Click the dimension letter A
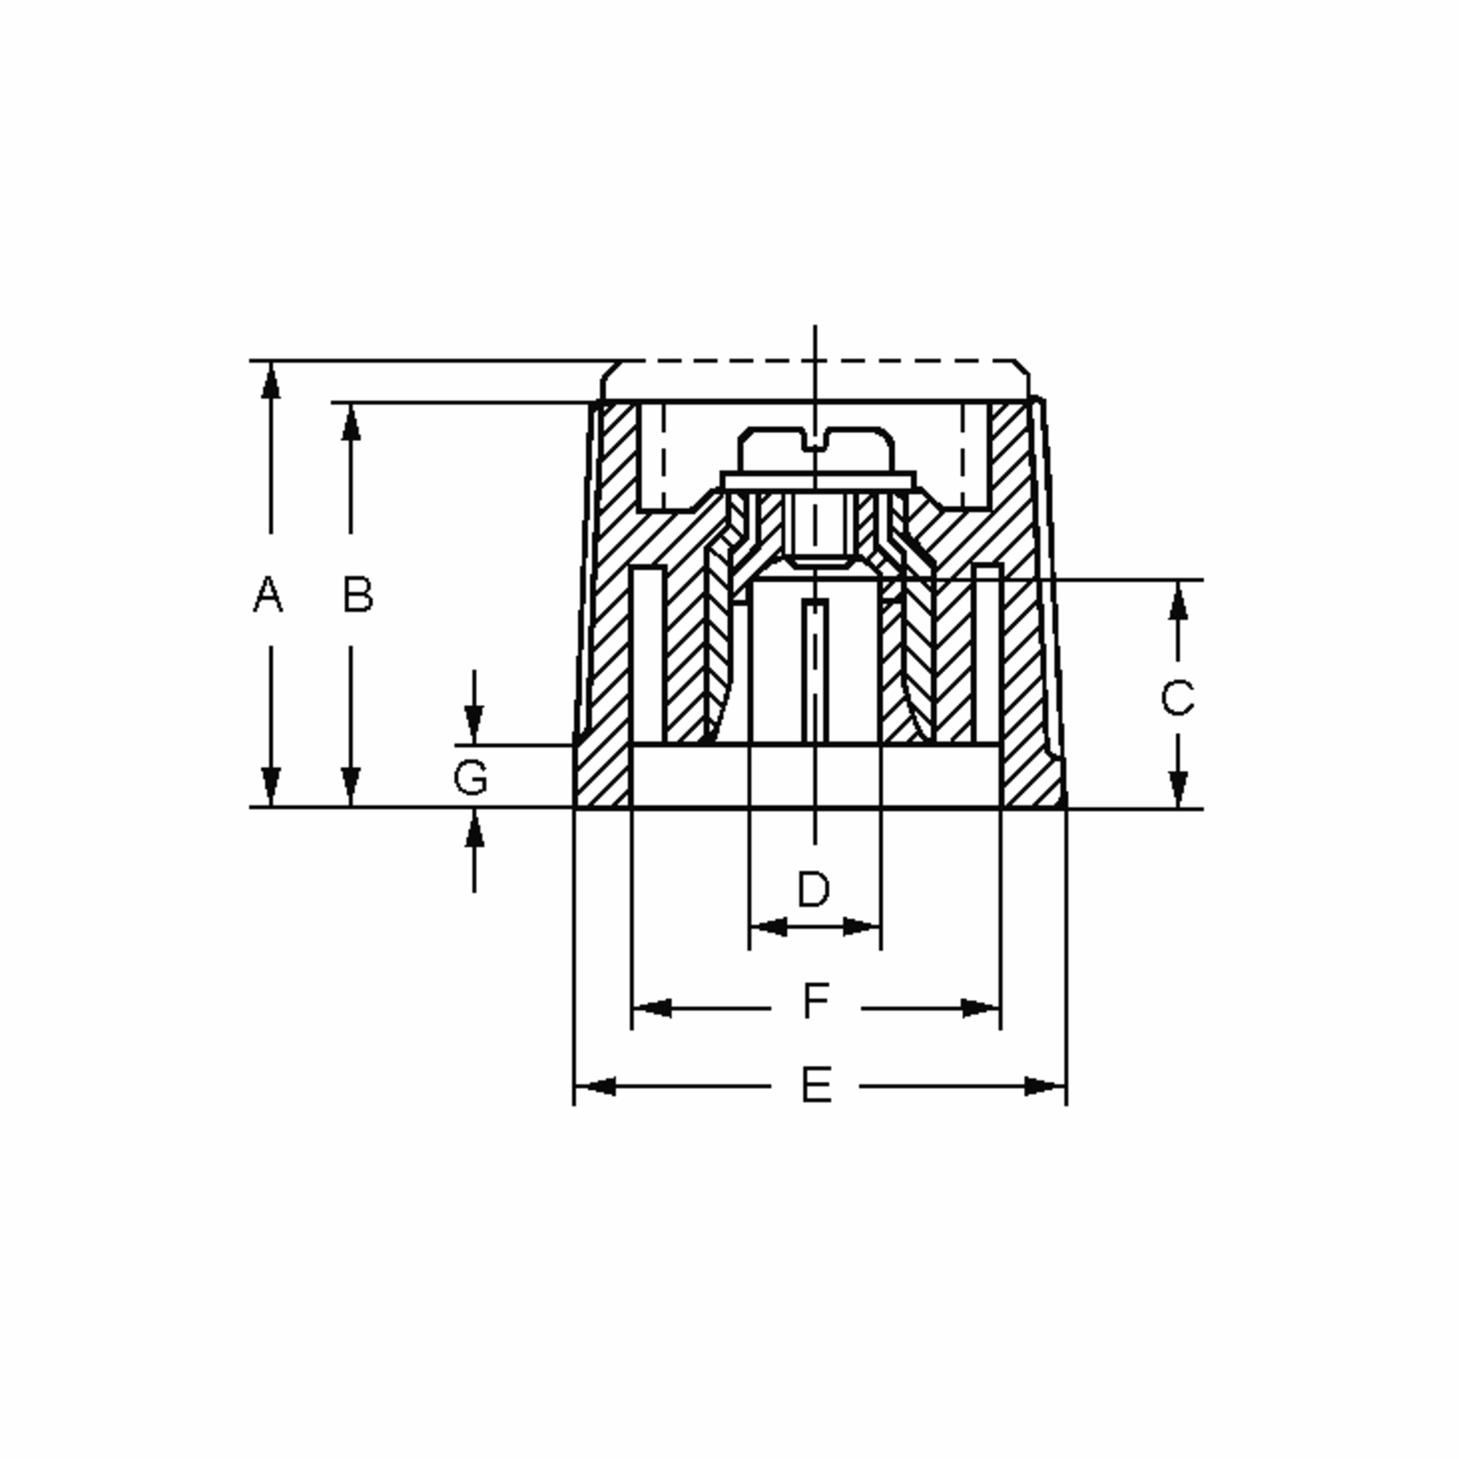[267, 595]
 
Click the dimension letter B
[358, 595]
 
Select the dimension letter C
[1178, 698]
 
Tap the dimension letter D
[814, 889]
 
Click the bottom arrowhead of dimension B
[350, 786]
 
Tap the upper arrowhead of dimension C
[1178, 602]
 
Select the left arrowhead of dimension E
[596, 1087]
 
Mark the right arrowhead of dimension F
[980, 1008]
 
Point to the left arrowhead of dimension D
[769, 926]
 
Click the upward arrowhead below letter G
[474, 829]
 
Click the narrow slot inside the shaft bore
[815, 671]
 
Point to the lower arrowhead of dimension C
[1178, 788]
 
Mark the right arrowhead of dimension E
[1044, 1087]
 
